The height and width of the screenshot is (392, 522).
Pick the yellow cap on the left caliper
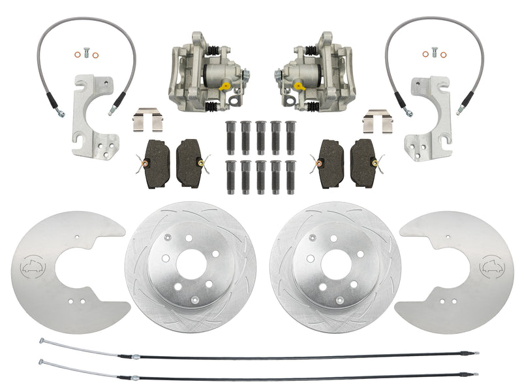point(226,84)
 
